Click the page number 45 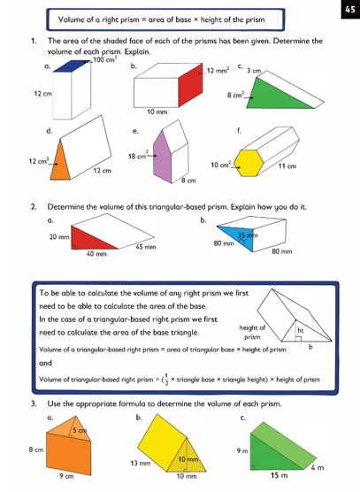[350, 10]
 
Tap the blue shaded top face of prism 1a [72, 65]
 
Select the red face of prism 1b [190, 85]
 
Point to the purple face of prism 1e [163, 158]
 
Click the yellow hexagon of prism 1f [249, 163]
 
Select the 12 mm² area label [218, 71]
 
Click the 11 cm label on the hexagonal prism [287, 166]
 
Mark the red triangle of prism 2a [92, 239]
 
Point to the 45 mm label [146, 247]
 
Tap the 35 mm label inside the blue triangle [248, 235]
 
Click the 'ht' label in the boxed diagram [301, 330]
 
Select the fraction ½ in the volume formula [166, 379]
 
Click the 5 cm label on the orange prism [80, 430]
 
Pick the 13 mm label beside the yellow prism [141, 463]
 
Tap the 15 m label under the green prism [280, 475]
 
